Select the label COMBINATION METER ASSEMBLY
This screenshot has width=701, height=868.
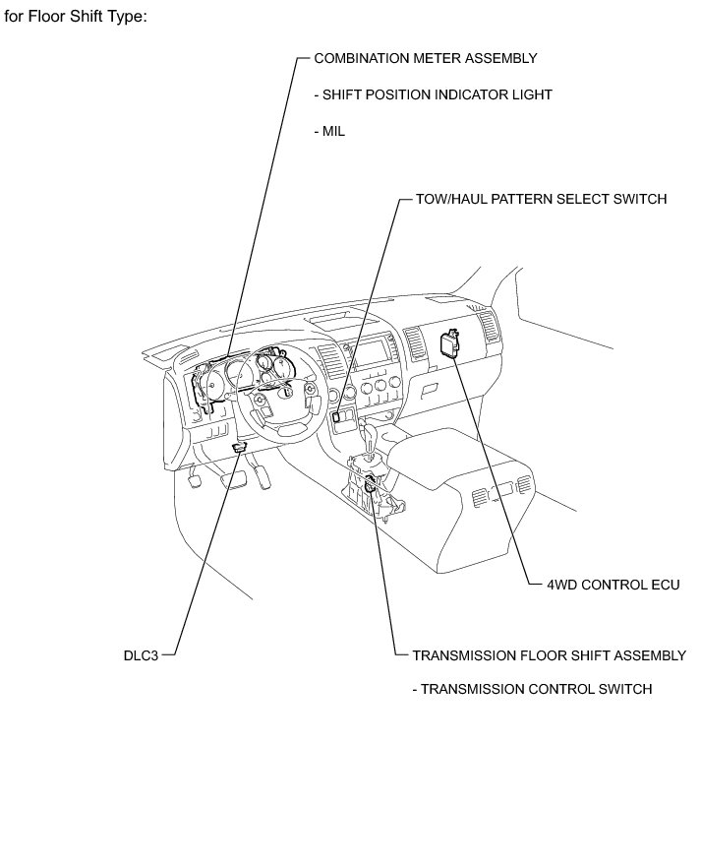pyautogui.click(x=426, y=58)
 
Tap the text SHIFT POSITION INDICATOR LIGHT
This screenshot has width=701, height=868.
pyautogui.click(x=433, y=94)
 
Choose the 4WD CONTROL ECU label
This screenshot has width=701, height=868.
pyautogui.click(x=613, y=585)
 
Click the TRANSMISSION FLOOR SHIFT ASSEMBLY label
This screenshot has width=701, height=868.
pyautogui.click(x=549, y=655)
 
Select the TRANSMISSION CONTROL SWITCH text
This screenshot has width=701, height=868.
pyautogui.click(x=532, y=689)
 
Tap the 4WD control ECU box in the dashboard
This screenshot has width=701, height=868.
pyautogui.click(x=451, y=345)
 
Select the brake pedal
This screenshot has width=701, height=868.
pyautogui.click(x=237, y=479)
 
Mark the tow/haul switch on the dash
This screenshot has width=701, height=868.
pyautogui.click(x=337, y=415)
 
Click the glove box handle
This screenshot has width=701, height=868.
pyautogui.click(x=429, y=390)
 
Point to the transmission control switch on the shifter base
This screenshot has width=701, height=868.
pyautogui.click(x=370, y=483)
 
